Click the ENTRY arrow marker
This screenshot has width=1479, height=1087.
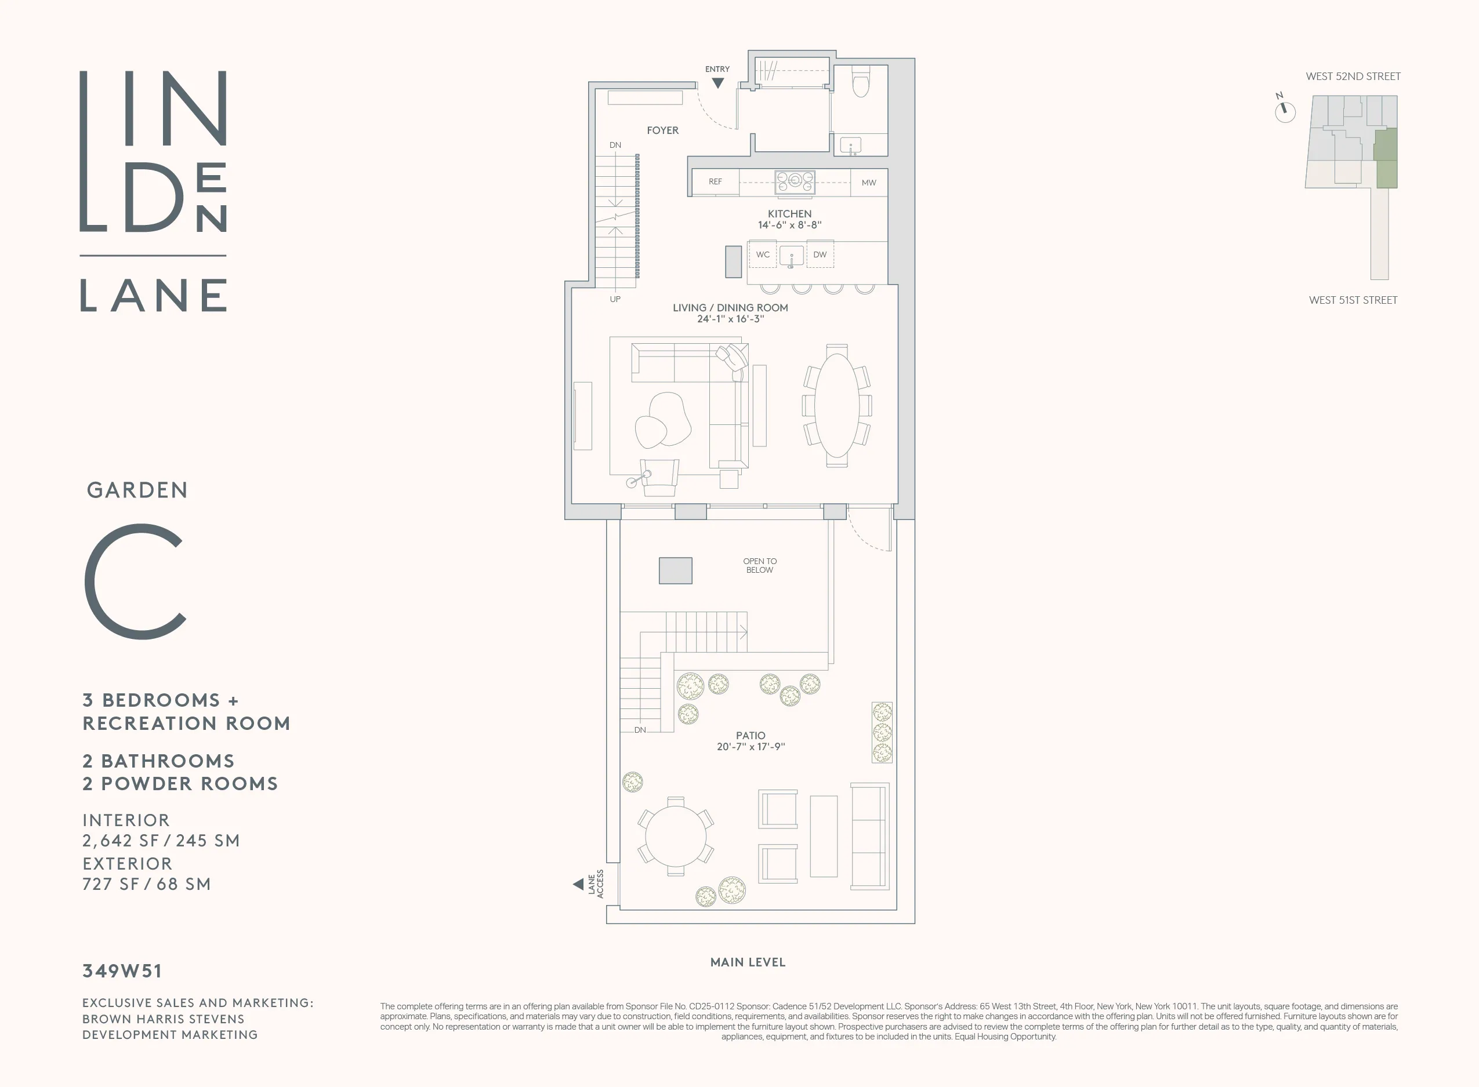(718, 83)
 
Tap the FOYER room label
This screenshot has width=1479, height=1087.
(662, 130)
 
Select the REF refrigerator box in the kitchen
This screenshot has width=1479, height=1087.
(715, 181)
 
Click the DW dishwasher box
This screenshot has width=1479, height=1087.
(820, 255)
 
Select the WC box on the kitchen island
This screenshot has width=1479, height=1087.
(763, 255)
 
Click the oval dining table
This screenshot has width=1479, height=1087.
(836, 405)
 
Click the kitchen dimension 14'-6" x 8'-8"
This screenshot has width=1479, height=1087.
(789, 225)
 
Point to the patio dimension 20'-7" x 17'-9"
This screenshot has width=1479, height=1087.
(751, 747)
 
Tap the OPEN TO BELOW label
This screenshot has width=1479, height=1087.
(760, 566)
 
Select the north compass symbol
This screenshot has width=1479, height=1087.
(1285, 111)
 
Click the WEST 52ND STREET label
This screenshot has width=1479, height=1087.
(1353, 77)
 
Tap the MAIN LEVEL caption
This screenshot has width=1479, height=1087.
(748, 962)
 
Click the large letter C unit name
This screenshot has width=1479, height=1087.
(136, 581)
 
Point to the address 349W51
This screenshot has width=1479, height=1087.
(122, 970)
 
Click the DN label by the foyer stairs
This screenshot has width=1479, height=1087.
(615, 145)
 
